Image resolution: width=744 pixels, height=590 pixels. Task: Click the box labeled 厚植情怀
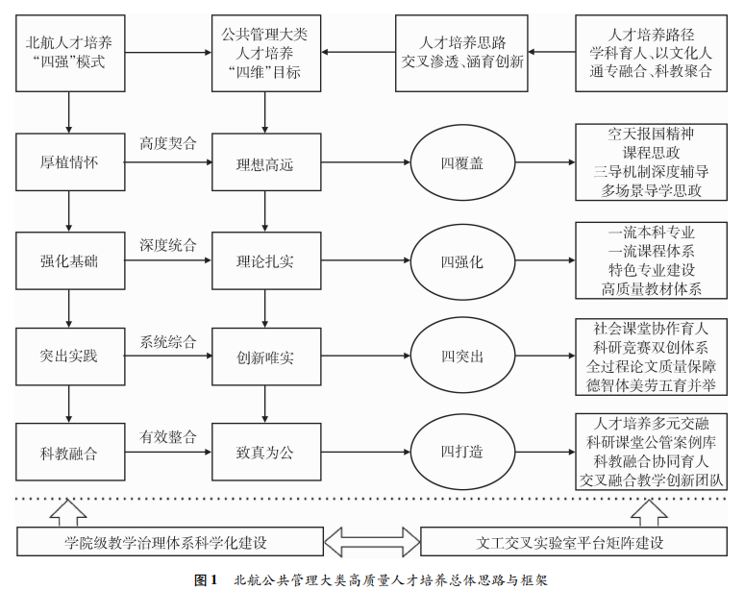[x=69, y=162]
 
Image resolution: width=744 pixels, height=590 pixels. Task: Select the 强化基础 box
[x=69, y=260]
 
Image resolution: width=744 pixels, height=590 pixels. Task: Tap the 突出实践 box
[x=69, y=356]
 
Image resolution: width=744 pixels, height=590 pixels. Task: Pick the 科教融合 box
[x=69, y=452]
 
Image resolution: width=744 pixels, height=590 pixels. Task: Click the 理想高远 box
[x=265, y=164]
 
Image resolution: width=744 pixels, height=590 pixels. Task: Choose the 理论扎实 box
[x=265, y=260]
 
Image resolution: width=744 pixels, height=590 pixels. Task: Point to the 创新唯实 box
[x=265, y=356]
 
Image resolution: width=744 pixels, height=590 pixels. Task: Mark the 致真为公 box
[x=265, y=452]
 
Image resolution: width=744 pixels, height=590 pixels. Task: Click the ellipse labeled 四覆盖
[x=462, y=163]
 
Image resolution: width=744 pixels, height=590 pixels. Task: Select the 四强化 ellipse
[x=462, y=260]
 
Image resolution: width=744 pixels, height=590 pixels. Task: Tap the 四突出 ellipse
[x=462, y=356]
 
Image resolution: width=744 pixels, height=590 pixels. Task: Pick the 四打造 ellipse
[x=462, y=452]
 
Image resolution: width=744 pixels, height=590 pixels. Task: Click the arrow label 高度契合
[x=168, y=144]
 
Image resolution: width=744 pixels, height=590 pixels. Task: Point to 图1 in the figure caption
[x=207, y=579]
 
